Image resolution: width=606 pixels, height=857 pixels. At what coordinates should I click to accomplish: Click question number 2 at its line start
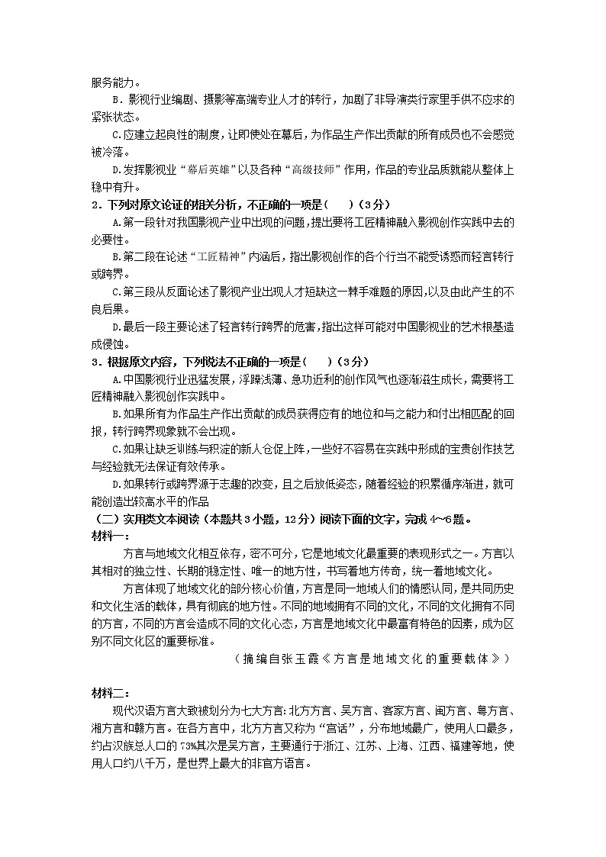pos(95,205)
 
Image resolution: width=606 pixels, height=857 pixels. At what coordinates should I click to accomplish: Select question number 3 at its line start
pos(95,361)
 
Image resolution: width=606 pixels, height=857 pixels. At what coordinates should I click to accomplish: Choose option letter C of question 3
pos(115,448)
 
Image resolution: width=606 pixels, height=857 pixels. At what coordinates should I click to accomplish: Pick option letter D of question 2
pos(115,327)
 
